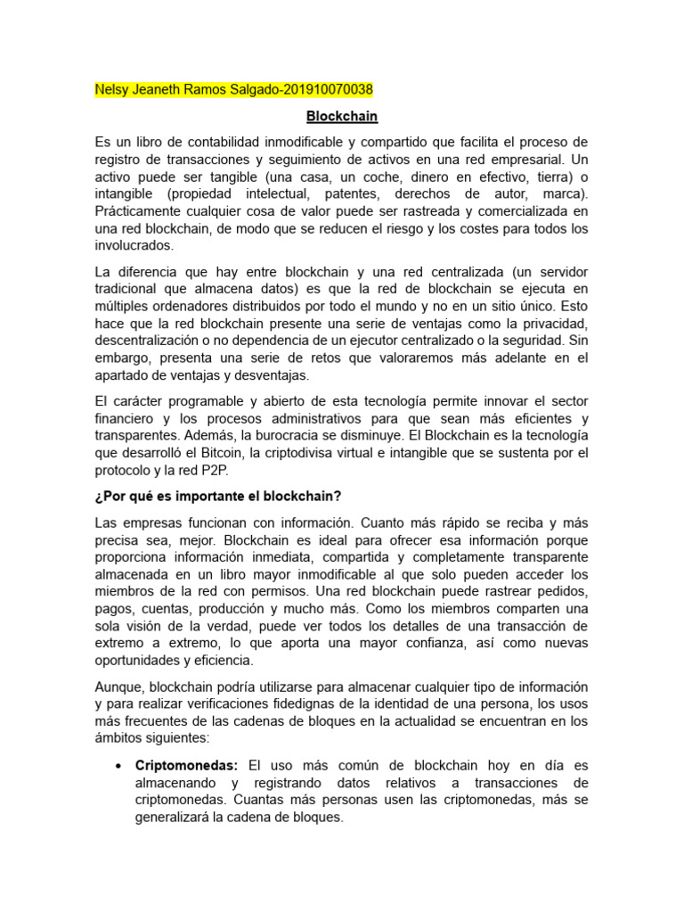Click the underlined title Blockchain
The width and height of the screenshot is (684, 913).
(x=342, y=116)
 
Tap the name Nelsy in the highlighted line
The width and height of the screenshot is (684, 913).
(x=112, y=90)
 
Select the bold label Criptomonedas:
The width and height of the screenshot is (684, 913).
(x=187, y=766)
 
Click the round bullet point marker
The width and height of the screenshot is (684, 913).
(x=119, y=767)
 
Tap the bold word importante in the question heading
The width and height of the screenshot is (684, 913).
(x=201, y=496)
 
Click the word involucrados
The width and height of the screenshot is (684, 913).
(x=134, y=246)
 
